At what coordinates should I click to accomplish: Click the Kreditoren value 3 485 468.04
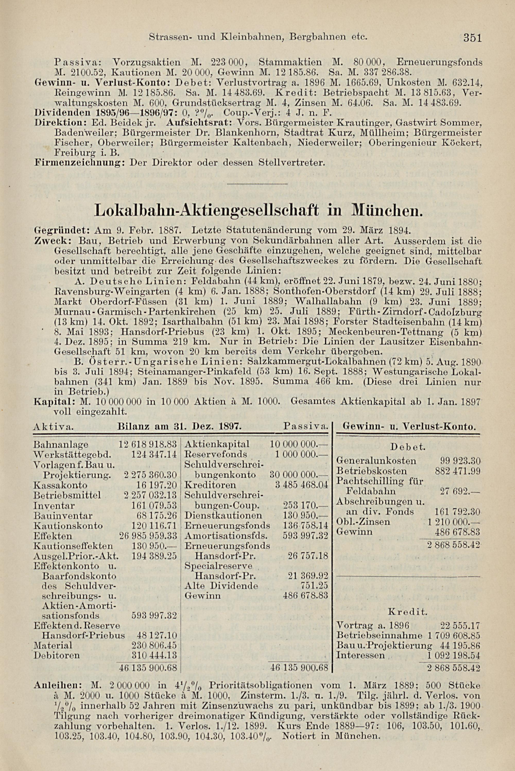click(x=301, y=485)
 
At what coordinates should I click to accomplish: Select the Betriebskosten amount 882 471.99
click(x=458, y=471)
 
